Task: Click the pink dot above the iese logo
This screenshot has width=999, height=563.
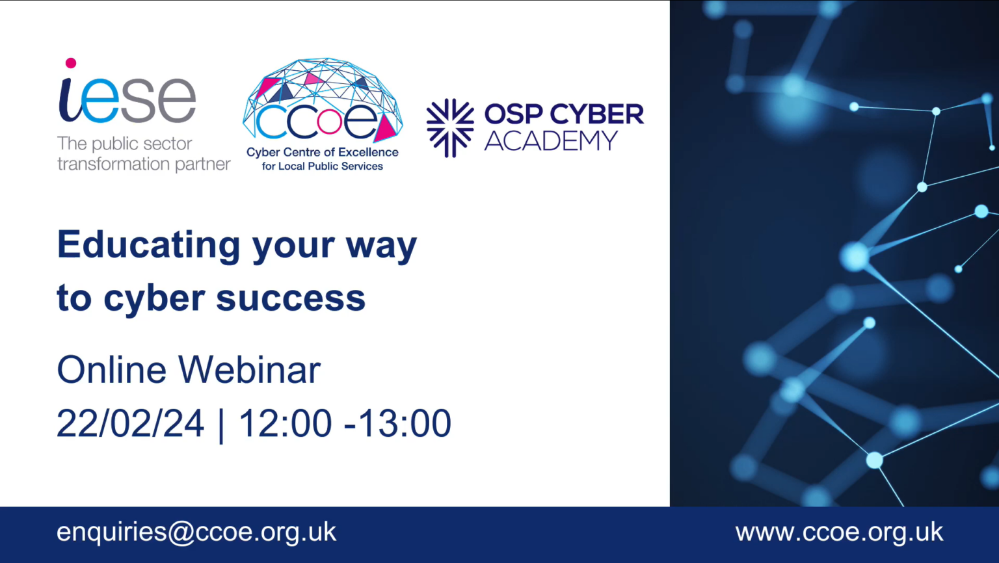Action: (71, 63)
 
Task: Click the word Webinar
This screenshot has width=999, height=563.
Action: (249, 370)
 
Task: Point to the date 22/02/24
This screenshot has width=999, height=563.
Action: (130, 423)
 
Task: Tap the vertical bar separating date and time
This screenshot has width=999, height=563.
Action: (221, 425)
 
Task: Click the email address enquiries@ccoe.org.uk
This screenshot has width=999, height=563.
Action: (196, 532)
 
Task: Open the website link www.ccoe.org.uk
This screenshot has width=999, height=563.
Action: (839, 532)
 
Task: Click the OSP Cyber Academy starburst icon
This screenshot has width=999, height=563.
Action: (449, 127)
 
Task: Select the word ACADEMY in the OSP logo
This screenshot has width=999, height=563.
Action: (550, 141)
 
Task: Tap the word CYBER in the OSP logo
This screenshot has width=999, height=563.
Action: (596, 114)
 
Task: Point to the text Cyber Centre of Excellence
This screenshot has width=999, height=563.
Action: (322, 152)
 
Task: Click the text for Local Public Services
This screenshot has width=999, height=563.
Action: (322, 166)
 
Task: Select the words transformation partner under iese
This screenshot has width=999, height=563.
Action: (144, 164)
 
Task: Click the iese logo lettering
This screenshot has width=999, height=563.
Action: (127, 99)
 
